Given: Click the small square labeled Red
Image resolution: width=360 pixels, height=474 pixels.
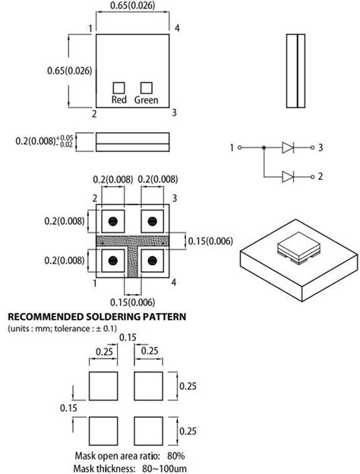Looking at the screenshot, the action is [118, 88].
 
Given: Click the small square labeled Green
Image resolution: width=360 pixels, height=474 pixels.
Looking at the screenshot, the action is [147, 88].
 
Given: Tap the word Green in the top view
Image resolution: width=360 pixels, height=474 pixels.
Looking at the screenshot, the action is [147, 100].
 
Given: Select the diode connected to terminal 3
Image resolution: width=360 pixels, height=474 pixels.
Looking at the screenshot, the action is [288, 148].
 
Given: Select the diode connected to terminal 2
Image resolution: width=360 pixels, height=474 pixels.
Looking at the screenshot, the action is [288, 176].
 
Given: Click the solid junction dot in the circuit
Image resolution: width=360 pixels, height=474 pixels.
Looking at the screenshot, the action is [264, 148].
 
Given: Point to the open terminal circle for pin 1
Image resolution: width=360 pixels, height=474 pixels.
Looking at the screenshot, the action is [240, 148].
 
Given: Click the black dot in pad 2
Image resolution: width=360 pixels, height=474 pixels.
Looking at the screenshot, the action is [113, 221].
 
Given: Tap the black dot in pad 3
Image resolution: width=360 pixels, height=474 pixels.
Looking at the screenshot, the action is [153, 221].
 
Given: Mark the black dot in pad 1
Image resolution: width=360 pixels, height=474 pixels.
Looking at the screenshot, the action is [113, 261].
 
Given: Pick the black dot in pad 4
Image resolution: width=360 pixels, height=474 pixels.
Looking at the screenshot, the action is [153, 261].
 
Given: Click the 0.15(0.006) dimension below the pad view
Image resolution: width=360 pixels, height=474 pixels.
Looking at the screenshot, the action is [132, 302].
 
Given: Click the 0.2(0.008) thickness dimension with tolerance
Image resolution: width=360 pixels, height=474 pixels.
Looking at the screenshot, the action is [44, 141].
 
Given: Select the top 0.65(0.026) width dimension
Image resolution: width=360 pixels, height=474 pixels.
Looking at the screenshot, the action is [132, 5].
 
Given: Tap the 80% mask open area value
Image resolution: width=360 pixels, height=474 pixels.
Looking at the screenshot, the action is [176, 456].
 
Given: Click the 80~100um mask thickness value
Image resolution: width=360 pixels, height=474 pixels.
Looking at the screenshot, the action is [165, 469].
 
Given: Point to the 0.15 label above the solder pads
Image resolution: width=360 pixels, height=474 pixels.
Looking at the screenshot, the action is [128, 337].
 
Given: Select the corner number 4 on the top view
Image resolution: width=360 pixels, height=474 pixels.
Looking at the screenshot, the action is [177, 28].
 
